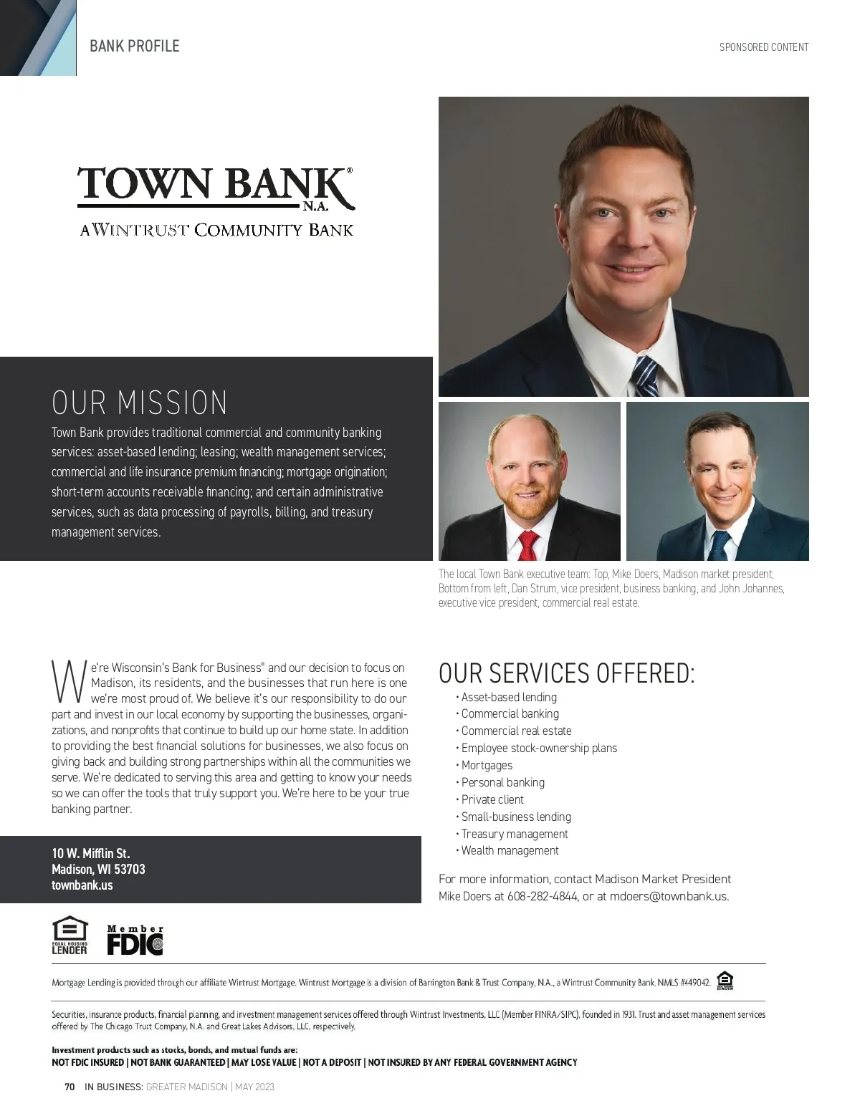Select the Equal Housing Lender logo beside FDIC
point(70,935)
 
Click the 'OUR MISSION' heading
point(140,403)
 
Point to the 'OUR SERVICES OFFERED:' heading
point(566,673)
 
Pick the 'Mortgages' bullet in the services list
point(487,765)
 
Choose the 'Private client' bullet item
point(492,799)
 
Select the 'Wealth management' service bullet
point(510,850)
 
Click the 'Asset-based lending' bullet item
point(509,697)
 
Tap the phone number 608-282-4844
point(543,896)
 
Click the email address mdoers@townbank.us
point(669,896)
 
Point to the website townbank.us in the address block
point(82,885)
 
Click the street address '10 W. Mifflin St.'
point(91,853)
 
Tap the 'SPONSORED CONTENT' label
point(764,47)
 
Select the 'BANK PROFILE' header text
point(135,47)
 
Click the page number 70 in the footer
point(70,1087)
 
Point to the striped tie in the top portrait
point(645,377)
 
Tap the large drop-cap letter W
point(70,682)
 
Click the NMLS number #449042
point(694,983)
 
